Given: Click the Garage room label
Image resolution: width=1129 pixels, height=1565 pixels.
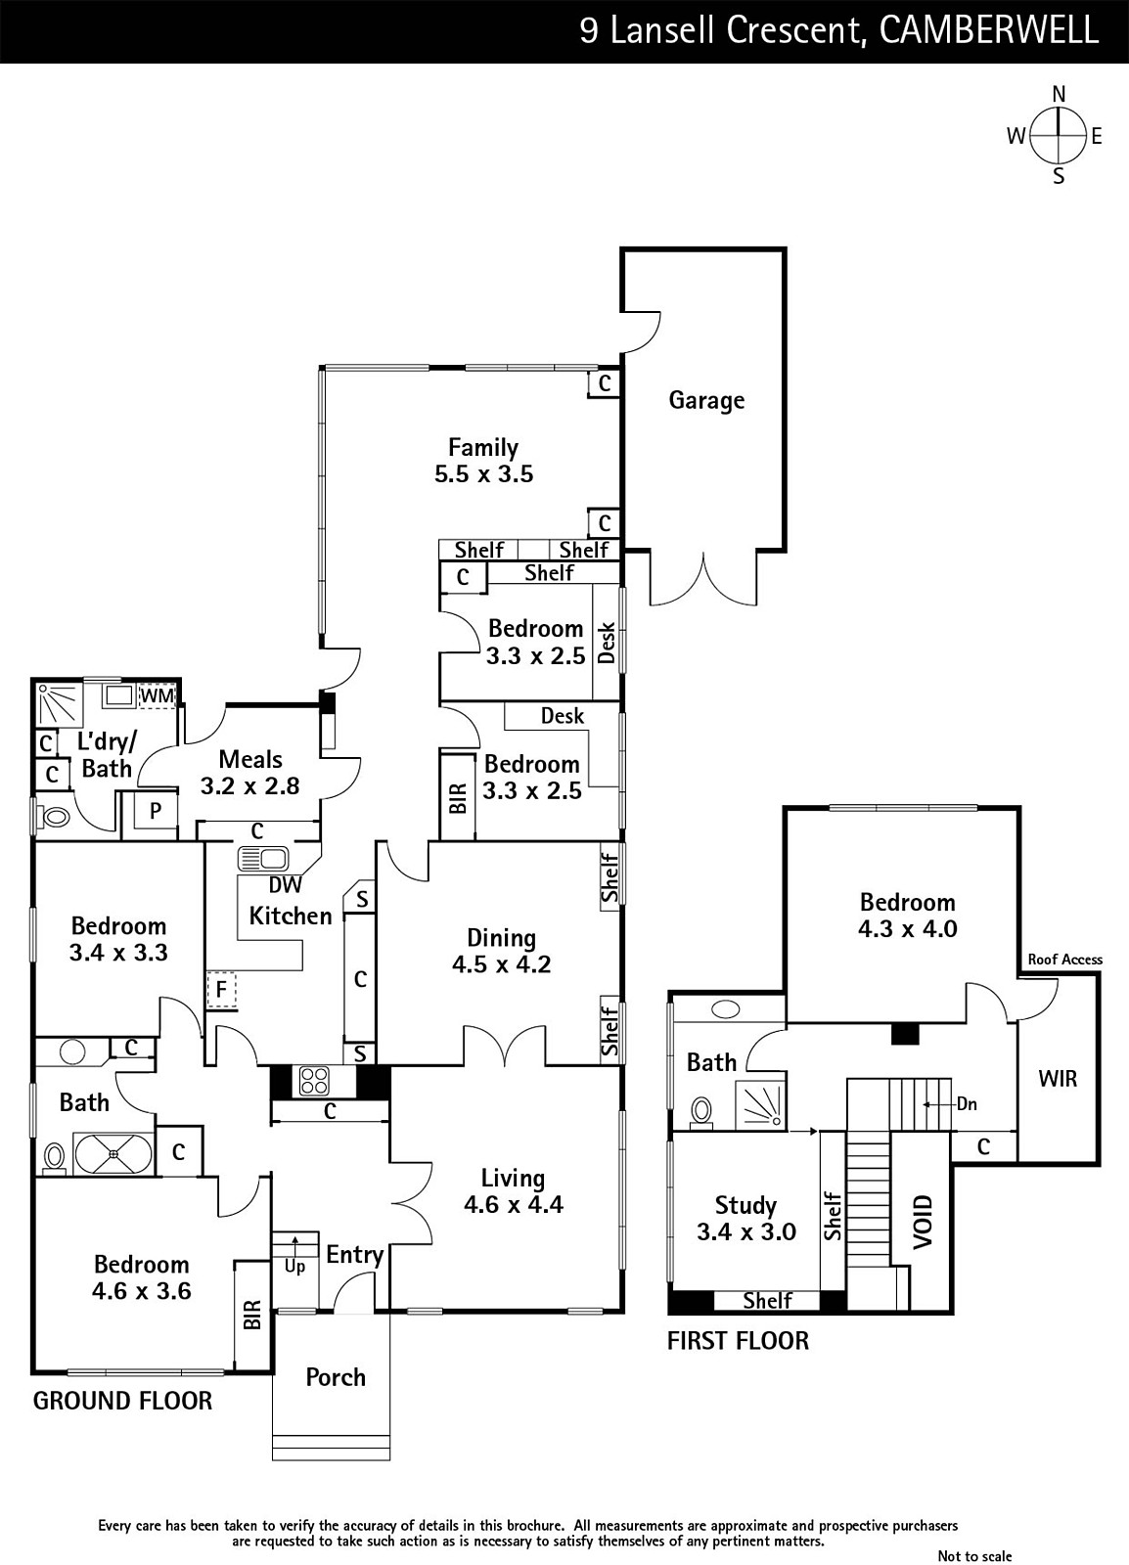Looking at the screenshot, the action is pyautogui.click(x=706, y=400).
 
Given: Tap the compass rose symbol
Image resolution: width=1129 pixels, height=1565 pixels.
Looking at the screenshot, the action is pyautogui.click(x=1059, y=135).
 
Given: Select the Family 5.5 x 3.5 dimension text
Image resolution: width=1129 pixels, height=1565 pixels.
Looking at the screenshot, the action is pyautogui.click(x=483, y=474).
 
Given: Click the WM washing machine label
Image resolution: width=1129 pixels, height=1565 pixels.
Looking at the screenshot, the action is pyautogui.click(x=157, y=695).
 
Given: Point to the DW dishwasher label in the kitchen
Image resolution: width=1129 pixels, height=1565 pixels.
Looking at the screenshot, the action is pyautogui.click(x=285, y=884).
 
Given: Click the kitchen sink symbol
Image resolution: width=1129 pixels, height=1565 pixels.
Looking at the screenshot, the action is pyautogui.click(x=263, y=859).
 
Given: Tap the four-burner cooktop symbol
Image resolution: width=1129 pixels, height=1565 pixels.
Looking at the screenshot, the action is pyautogui.click(x=314, y=1082).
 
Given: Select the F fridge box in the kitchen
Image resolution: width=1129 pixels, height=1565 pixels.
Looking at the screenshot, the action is pyautogui.click(x=221, y=989).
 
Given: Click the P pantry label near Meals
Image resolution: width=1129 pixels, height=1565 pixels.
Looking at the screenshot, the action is pyautogui.click(x=156, y=811).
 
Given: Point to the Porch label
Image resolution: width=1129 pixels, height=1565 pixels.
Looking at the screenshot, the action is pyautogui.click(x=336, y=1377).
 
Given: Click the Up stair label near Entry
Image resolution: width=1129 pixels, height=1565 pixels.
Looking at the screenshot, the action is pyautogui.click(x=294, y=1267).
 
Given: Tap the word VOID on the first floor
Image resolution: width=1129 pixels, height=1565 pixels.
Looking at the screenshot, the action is pyautogui.click(x=923, y=1222).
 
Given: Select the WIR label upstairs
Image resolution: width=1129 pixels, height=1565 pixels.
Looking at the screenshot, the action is pyautogui.click(x=1058, y=1079).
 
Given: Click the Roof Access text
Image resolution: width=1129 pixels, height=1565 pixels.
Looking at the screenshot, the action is pyautogui.click(x=1064, y=960).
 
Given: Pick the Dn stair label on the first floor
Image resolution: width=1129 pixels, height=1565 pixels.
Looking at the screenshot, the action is pyautogui.click(x=967, y=1104).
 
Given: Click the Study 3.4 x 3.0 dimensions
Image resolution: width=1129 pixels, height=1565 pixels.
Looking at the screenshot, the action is pyautogui.click(x=746, y=1231).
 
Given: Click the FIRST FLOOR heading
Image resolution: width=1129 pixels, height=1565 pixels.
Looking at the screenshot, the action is pyautogui.click(x=738, y=1341).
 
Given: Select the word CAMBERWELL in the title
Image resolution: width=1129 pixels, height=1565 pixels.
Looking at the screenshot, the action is pyautogui.click(x=988, y=30).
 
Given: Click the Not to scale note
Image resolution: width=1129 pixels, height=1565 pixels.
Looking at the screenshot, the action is pyautogui.click(x=974, y=1556).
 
